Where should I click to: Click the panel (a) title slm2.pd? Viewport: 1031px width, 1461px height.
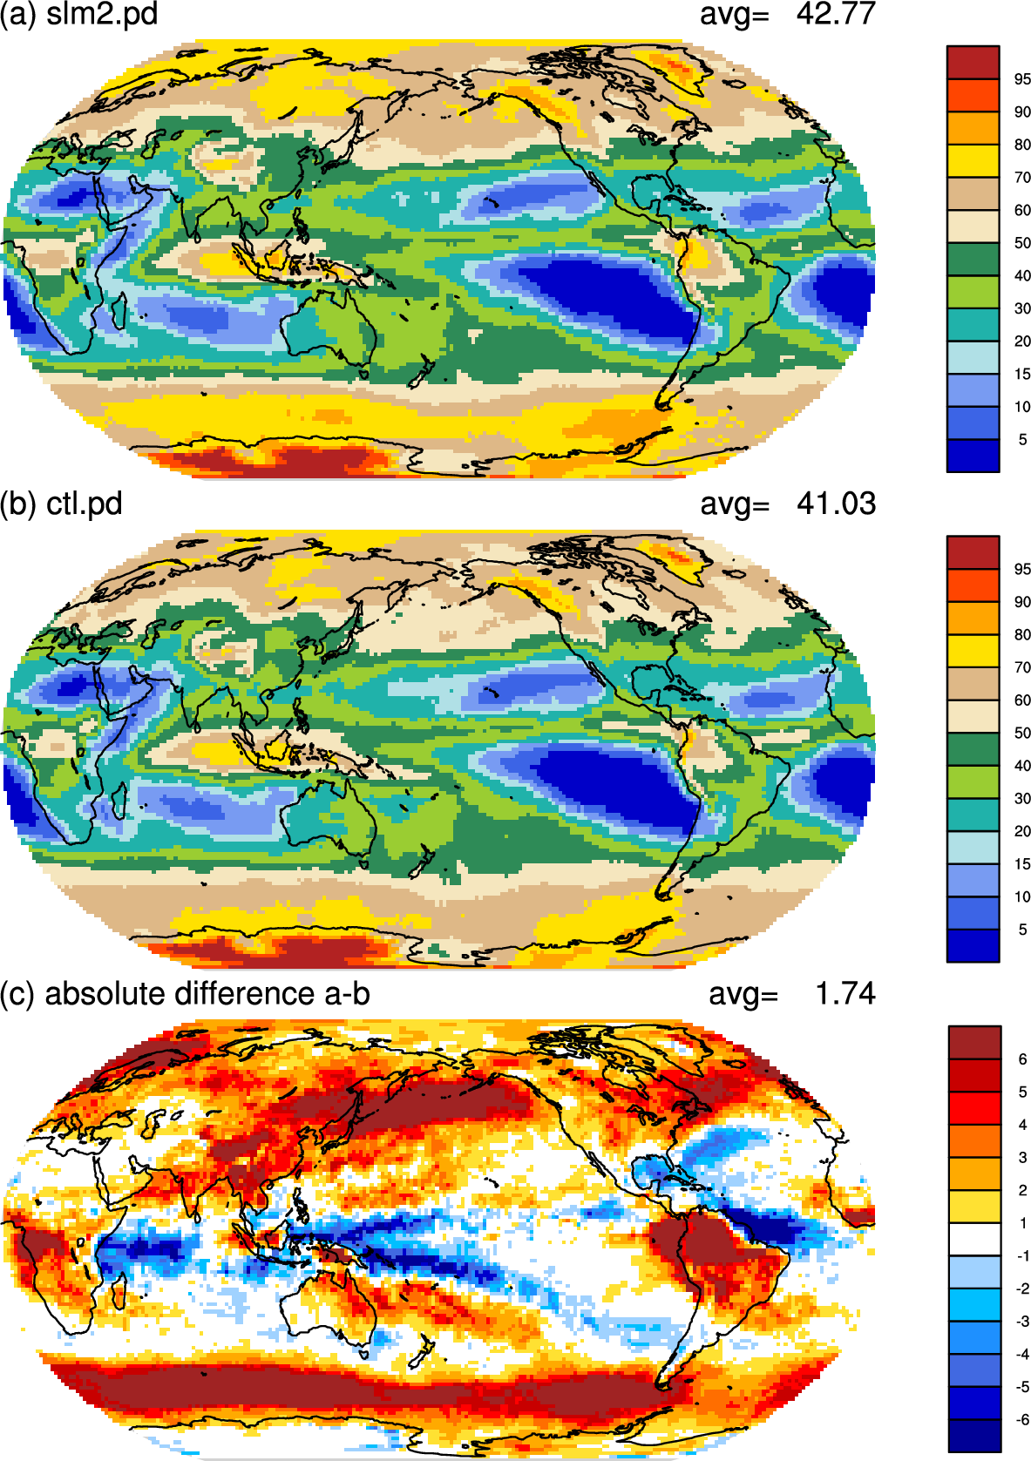point(102,14)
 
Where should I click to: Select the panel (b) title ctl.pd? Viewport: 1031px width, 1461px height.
point(85,504)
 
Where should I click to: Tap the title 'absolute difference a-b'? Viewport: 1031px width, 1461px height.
point(207,994)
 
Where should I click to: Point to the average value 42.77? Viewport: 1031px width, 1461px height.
point(836,14)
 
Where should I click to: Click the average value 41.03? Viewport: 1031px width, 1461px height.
point(836,504)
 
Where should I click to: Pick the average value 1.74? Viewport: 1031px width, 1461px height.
point(845,993)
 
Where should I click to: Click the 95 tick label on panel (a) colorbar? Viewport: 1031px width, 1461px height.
point(1022,79)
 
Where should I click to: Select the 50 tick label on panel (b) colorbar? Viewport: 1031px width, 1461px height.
point(1022,733)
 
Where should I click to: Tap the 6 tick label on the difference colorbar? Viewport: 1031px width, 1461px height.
point(1022,1059)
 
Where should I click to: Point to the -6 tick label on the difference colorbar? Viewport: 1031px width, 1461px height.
point(1021,1419)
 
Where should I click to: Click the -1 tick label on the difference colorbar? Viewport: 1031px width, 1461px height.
point(1021,1255)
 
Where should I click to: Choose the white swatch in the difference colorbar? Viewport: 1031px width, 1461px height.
point(974,1239)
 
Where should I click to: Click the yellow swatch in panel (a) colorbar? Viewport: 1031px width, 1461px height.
point(973,160)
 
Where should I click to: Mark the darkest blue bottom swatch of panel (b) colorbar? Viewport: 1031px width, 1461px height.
point(973,945)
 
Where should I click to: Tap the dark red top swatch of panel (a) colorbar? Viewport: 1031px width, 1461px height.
point(973,63)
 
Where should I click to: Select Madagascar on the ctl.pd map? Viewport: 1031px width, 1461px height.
point(118,802)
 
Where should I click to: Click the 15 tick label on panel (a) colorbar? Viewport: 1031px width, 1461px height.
point(1022,374)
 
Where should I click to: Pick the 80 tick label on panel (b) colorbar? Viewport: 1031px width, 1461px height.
point(1022,634)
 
